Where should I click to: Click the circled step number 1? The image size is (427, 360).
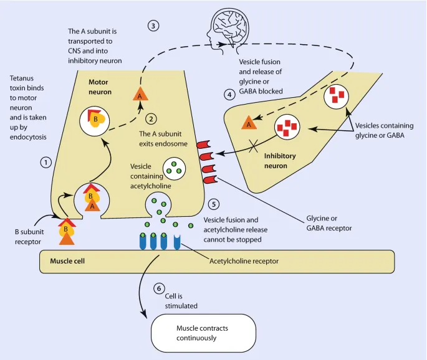(46, 162)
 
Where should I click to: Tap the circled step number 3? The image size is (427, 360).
(153, 26)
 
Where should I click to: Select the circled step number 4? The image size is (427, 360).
(229, 95)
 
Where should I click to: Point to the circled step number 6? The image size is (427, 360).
(160, 290)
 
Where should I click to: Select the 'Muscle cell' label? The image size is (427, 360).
(67, 261)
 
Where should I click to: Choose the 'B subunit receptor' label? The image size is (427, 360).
(29, 236)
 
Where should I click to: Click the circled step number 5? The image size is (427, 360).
(214, 204)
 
